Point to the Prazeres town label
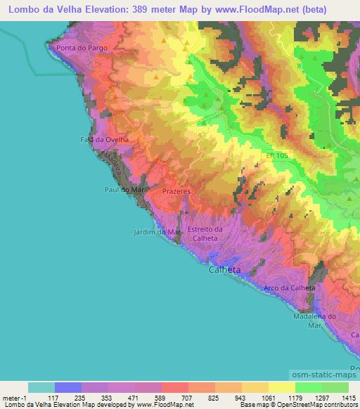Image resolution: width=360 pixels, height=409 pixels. click(x=175, y=190)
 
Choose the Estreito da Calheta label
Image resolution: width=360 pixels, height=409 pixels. click(x=205, y=233)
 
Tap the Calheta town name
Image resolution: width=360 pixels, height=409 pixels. click(x=225, y=269)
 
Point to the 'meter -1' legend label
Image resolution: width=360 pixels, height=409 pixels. click(x=15, y=397)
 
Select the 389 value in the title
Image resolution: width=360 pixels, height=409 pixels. click(x=154, y=10)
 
